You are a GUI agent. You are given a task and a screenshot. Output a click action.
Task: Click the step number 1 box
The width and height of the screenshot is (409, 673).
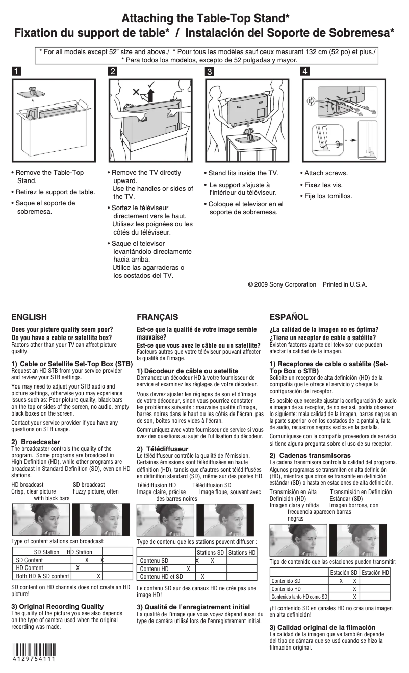point(17,71)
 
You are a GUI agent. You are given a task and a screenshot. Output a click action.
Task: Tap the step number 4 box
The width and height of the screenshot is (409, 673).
point(305,71)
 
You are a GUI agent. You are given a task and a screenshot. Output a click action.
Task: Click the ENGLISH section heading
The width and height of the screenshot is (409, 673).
point(29,317)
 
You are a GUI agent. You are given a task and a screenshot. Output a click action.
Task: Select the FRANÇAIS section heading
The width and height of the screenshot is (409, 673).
point(158,317)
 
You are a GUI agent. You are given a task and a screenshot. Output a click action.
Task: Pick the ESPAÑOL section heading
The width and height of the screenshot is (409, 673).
point(289,317)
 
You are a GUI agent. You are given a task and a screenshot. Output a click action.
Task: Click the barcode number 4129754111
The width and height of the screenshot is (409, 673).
point(34,659)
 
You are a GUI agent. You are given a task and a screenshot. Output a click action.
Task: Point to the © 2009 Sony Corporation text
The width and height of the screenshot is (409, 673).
point(282,284)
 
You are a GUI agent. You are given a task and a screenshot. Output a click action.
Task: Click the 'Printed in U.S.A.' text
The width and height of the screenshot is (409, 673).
point(345,284)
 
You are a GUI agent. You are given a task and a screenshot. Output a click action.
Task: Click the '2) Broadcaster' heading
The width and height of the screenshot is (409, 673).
point(36,442)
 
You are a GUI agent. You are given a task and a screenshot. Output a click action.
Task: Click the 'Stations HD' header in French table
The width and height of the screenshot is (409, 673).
point(242,552)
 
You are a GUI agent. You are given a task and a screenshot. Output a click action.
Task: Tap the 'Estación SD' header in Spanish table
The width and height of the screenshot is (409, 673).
point(343,573)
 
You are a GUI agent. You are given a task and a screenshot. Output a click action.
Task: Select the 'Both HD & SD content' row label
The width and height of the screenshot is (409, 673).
point(42,576)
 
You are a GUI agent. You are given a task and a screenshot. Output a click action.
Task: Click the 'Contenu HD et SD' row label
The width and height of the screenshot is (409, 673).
point(161,577)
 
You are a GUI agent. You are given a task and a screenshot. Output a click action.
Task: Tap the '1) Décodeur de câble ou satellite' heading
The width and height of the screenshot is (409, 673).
point(187,371)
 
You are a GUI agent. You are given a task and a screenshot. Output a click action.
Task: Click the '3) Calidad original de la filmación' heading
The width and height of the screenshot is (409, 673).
point(322,627)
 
